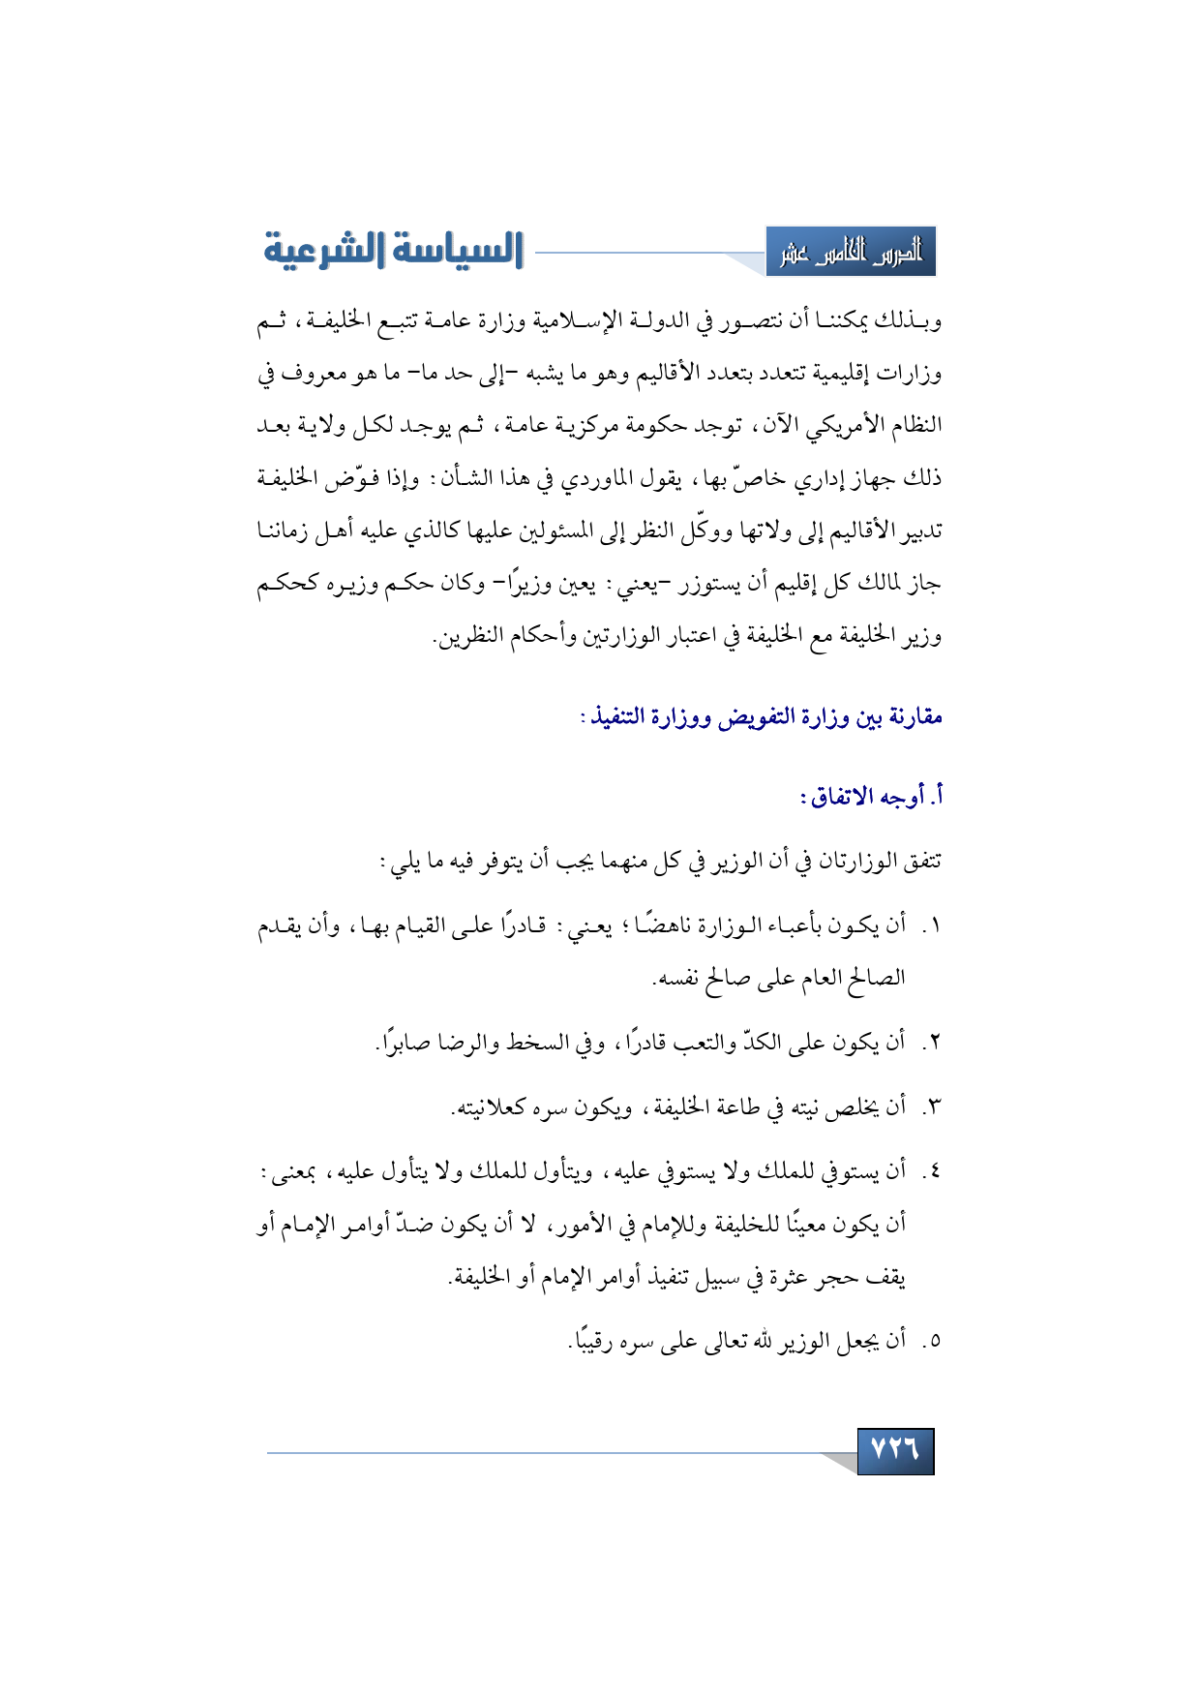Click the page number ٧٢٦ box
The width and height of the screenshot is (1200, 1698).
(895, 1450)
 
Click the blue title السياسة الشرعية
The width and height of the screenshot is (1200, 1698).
(394, 251)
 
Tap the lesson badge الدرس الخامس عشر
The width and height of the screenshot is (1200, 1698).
(851, 253)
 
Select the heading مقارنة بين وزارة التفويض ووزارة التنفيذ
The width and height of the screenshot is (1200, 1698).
(762, 717)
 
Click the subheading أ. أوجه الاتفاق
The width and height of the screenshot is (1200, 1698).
(871, 797)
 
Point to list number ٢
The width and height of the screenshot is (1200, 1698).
(931, 1044)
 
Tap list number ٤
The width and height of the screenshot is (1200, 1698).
(931, 1172)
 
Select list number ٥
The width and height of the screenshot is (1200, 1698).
(931, 1342)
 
